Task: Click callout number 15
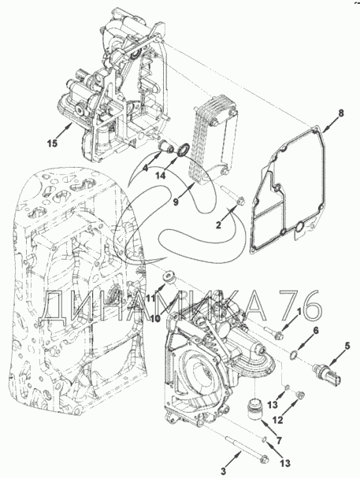[53, 143]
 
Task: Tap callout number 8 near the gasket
[341, 113]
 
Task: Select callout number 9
[176, 202]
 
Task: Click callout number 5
[347, 346]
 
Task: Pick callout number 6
[316, 330]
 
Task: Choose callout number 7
[279, 440]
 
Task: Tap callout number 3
[224, 471]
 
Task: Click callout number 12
[278, 420]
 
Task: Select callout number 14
[161, 176]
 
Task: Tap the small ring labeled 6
[294, 354]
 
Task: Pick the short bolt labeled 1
[274, 333]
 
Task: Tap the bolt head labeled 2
[241, 201]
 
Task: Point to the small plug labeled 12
[299, 395]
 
